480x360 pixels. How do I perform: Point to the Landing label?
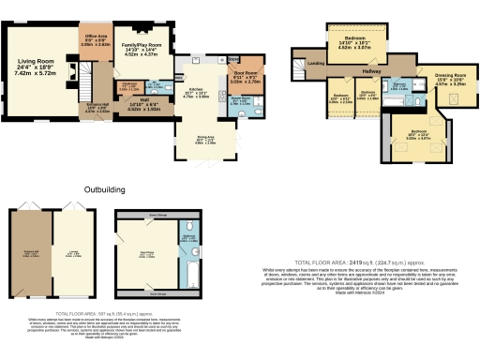tap(316, 63)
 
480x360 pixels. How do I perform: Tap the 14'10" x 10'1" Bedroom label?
tap(355, 39)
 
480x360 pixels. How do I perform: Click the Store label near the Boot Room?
tap(233, 58)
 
